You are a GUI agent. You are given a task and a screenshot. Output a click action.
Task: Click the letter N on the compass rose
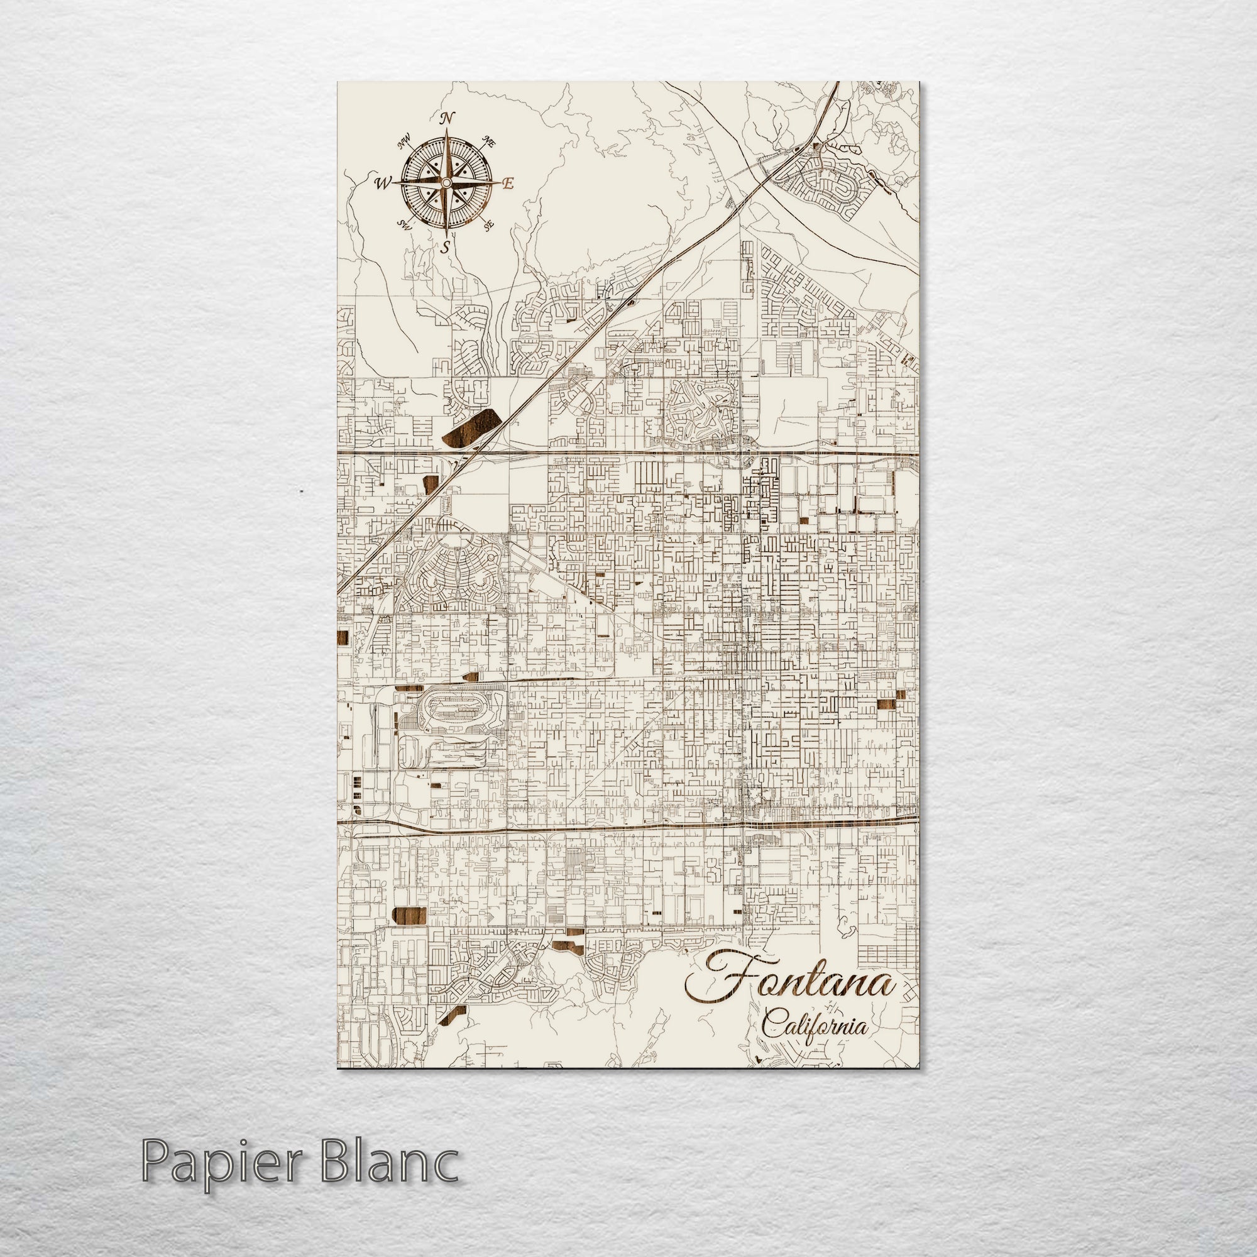446,118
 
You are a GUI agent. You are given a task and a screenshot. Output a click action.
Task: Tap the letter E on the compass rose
510,184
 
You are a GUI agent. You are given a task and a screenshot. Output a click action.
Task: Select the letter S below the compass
446,247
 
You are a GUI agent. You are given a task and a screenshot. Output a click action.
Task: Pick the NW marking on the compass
405,141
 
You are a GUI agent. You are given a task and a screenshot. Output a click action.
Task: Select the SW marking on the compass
405,226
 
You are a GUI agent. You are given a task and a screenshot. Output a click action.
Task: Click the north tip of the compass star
446,129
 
